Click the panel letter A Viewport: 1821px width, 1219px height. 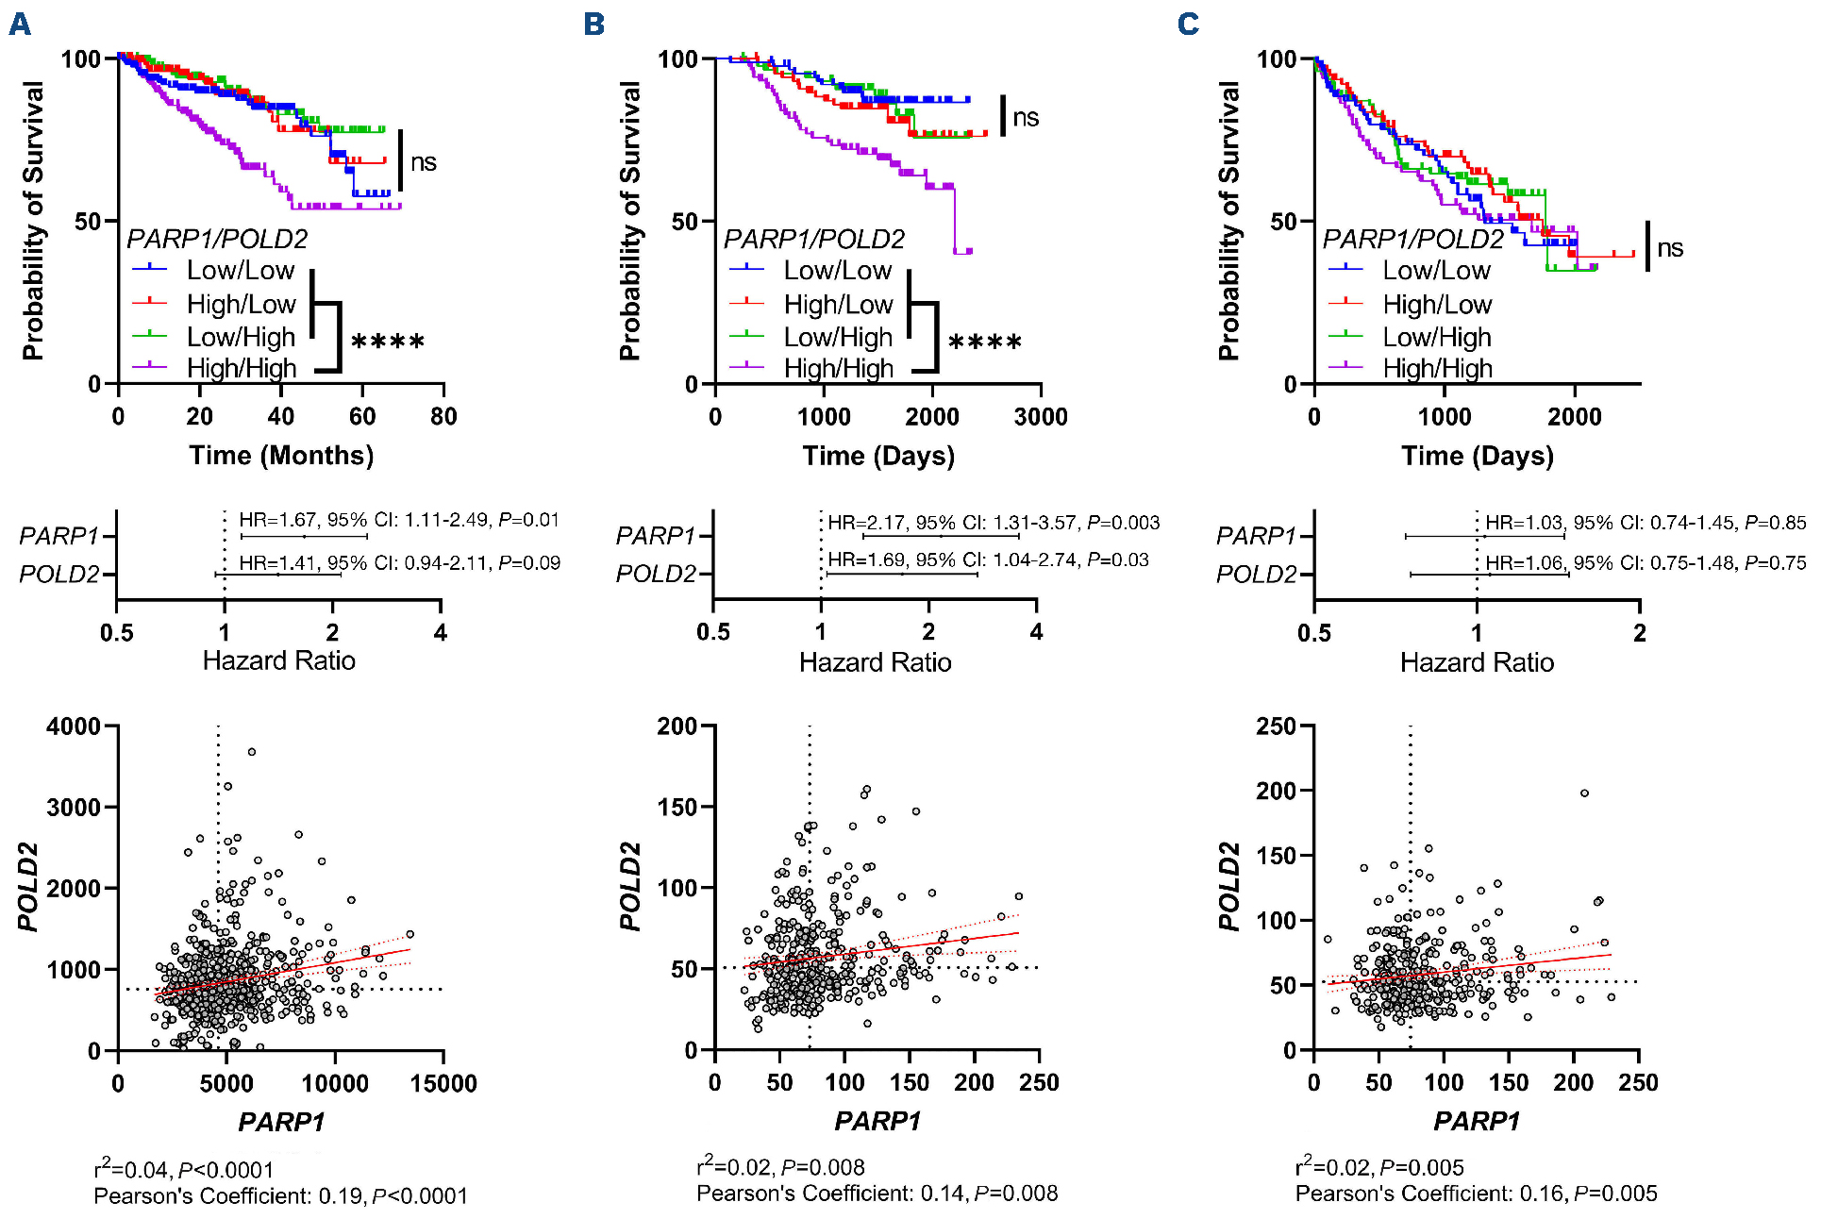point(20,24)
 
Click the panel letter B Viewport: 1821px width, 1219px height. point(593,24)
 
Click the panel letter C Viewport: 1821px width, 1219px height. point(1188,24)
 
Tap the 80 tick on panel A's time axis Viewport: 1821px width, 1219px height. point(443,416)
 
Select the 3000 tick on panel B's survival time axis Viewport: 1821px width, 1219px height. point(1041,416)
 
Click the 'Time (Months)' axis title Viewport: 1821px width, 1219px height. point(281,456)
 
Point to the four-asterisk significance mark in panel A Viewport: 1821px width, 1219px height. point(388,342)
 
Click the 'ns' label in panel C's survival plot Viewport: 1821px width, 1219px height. point(1670,248)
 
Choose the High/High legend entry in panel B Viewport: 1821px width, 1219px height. point(838,368)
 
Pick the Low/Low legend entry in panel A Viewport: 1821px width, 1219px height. point(241,271)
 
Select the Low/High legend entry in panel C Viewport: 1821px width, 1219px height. point(1436,337)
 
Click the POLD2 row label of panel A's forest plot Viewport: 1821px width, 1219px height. point(58,574)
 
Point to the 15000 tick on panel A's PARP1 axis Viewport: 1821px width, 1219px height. point(443,1083)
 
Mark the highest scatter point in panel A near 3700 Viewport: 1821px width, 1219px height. point(252,752)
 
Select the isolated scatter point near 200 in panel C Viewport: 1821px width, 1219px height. point(1584,793)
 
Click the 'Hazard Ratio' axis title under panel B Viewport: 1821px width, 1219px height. point(875,662)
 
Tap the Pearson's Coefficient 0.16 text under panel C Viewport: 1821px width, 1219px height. point(1476,1194)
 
